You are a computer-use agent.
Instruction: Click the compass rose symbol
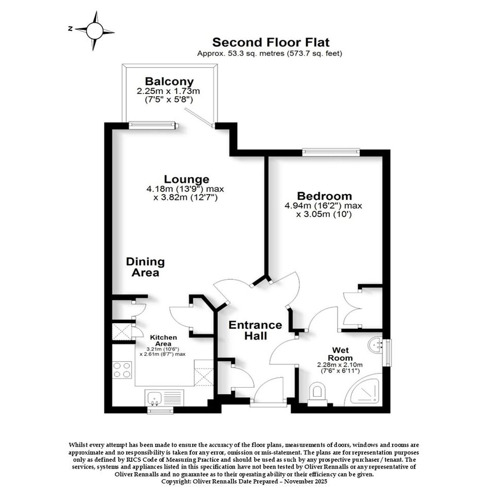94,31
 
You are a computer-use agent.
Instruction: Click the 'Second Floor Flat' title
271,42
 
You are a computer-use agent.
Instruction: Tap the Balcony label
169,81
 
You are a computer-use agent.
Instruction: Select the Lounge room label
187,179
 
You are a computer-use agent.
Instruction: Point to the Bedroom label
324,196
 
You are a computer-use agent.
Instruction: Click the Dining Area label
145,267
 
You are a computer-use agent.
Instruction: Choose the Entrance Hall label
255,330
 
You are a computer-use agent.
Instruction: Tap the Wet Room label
341,354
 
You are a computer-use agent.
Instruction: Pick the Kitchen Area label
163,341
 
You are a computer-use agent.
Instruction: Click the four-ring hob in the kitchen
122,370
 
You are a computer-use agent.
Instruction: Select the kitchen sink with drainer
164,398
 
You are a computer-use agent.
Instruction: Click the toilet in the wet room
317,394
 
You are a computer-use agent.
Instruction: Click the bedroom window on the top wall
331,152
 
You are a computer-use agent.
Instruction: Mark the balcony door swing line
199,117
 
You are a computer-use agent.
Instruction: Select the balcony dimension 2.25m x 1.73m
168,91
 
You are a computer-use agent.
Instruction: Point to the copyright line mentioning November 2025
244,481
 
